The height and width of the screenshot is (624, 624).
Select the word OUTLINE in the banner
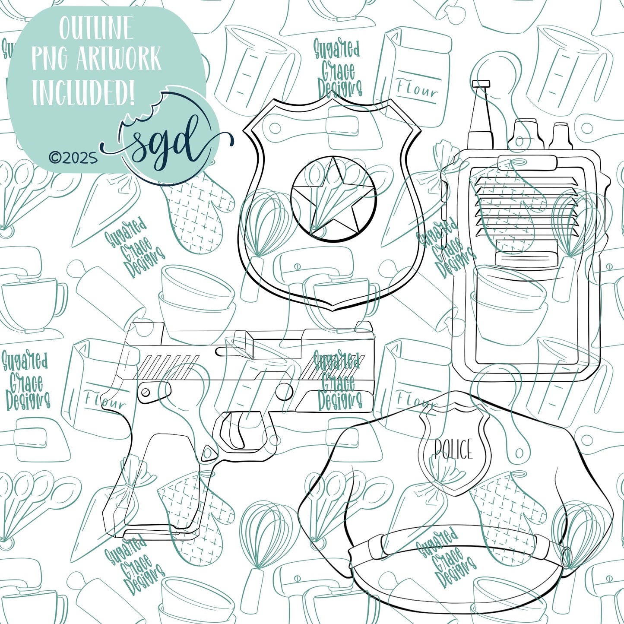tap(96, 29)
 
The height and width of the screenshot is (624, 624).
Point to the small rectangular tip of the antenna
tap(481, 84)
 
